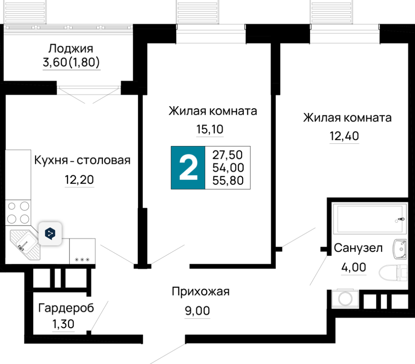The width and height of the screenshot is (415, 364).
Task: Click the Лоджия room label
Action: tap(71, 49)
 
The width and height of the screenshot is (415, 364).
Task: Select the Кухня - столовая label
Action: tap(82, 160)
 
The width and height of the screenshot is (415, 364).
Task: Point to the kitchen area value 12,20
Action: tap(80, 180)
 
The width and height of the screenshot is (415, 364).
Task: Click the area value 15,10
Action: tap(210, 130)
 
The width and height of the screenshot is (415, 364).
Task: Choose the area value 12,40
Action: tap(344, 136)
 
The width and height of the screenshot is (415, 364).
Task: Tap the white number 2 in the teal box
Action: tap(188, 168)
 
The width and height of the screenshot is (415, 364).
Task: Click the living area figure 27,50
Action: tap(227, 155)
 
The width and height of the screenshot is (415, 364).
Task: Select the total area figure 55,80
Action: tap(228, 180)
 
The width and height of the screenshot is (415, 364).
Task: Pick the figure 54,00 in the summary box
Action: tap(228, 168)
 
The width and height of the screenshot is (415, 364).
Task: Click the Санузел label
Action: tap(358, 248)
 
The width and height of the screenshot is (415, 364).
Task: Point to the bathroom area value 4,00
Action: tap(354, 267)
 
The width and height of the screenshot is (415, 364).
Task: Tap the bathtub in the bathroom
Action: tap(369, 218)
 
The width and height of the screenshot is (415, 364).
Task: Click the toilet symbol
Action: tap(393, 273)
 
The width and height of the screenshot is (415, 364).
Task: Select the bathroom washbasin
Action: tap(399, 249)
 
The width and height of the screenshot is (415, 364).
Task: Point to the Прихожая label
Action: tap(201, 292)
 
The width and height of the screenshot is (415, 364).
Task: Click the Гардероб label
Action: tap(66, 308)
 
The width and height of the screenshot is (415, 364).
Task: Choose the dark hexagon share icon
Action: tap(50, 234)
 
